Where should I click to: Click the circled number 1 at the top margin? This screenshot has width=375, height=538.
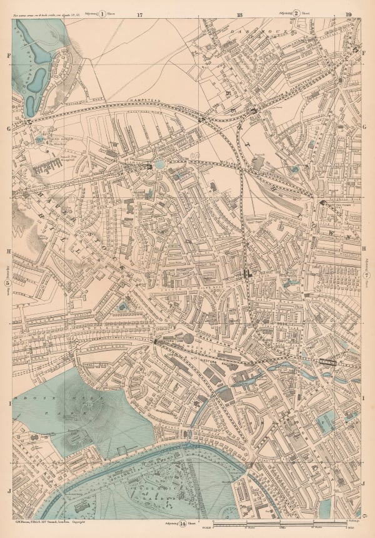pos(102,13)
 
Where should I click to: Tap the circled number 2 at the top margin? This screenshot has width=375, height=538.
pos(297,13)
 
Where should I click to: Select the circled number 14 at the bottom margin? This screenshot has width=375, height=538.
pos(182,524)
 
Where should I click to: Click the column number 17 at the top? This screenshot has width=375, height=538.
pos(140,13)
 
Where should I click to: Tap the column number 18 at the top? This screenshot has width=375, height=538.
pos(239,13)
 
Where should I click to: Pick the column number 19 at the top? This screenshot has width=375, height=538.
pos(348,13)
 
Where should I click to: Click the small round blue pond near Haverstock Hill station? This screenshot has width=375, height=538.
pos(160,164)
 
